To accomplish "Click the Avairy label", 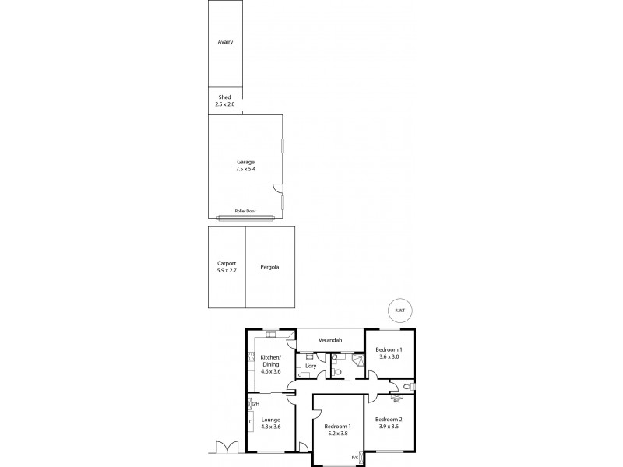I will coord(226,42).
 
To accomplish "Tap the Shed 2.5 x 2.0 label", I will coord(224,100).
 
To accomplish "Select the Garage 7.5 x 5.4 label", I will coord(246,165).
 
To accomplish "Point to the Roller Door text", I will coord(246,211).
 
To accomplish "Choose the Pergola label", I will coord(270,267).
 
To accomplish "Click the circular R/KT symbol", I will coord(399,310).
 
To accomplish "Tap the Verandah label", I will coord(331,340).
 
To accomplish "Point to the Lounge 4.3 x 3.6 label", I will coord(270,423).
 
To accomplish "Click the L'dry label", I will coord(310,366).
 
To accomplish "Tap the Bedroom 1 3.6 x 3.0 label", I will coord(388,353).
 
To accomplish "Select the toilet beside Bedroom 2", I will coord(407,387).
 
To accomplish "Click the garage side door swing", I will coord(276,188).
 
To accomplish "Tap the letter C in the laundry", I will coord(299,375).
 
